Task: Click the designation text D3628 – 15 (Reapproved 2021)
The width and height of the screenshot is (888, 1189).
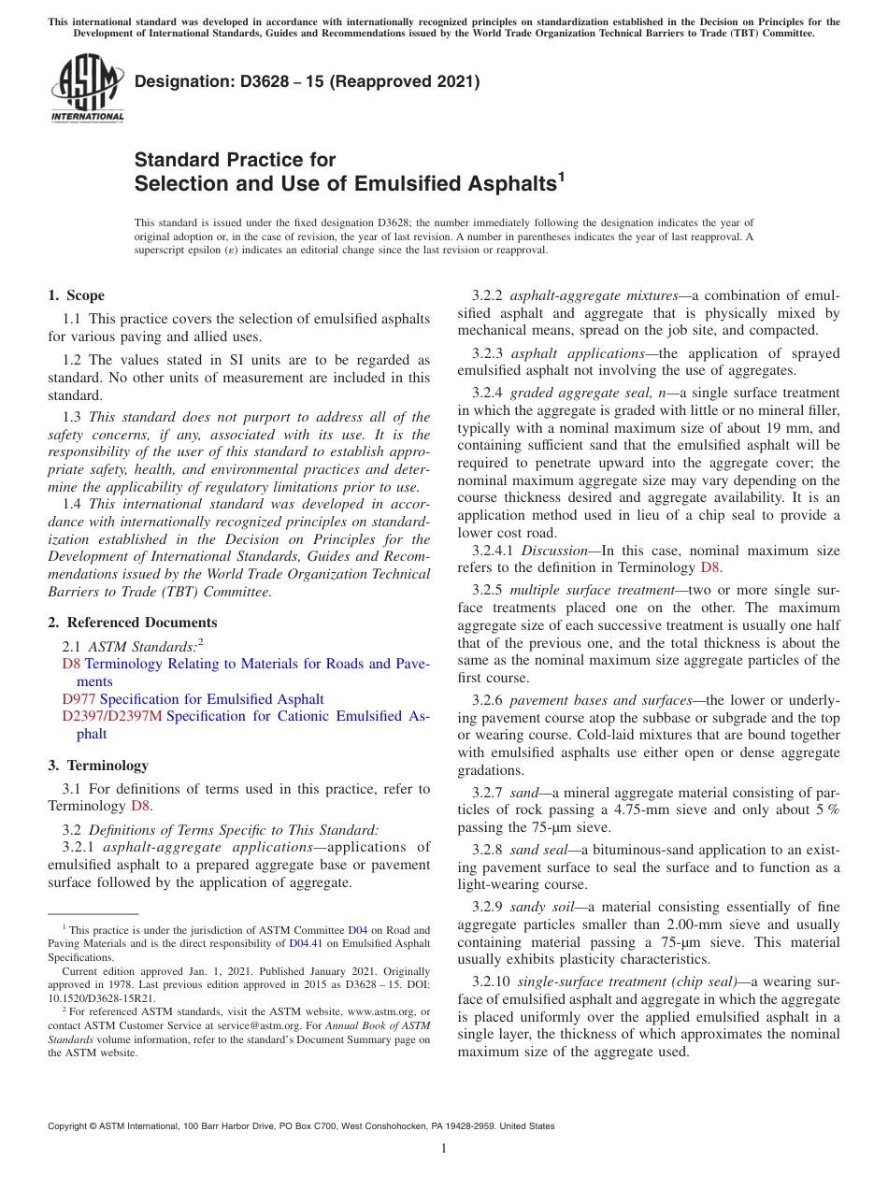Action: coord(307,81)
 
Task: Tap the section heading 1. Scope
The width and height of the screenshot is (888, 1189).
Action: coord(76,295)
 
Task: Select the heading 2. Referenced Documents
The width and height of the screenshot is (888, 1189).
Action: coord(132,623)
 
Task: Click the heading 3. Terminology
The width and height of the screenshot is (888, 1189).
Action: coord(98,766)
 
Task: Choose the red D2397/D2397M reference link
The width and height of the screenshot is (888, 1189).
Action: coord(112,717)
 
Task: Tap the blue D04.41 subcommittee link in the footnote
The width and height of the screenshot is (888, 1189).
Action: coord(306,944)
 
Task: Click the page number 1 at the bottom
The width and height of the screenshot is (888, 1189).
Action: coord(444,1148)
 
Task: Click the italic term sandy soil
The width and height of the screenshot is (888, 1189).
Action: coord(540,907)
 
